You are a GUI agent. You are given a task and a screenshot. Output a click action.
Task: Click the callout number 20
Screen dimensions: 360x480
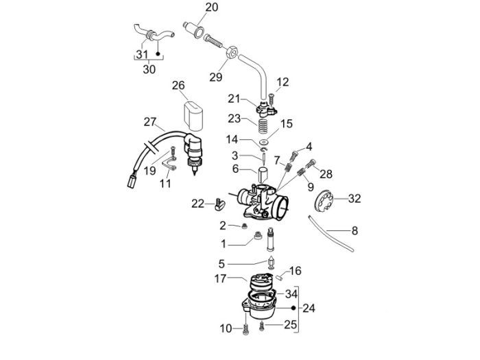[x=211, y=8]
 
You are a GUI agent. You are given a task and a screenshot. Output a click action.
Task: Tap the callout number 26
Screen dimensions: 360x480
[x=178, y=86]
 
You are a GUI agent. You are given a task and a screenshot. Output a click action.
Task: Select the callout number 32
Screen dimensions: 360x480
[x=354, y=199]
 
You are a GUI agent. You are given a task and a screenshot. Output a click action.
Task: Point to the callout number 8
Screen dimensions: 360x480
[x=355, y=231]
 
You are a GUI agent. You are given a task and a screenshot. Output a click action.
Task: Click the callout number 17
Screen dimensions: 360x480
[x=220, y=279]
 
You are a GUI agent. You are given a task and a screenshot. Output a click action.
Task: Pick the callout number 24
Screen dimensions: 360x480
[x=309, y=308]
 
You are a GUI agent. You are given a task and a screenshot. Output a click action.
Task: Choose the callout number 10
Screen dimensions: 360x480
[x=226, y=329]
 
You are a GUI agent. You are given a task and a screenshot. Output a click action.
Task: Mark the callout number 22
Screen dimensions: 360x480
[x=197, y=204]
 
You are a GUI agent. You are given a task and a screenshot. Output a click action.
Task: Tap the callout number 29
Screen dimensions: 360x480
[x=215, y=77]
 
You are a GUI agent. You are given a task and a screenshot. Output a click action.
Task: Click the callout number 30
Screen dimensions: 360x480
[x=149, y=69]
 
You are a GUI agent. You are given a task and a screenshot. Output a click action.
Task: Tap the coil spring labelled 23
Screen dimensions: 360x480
[x=262, y=128]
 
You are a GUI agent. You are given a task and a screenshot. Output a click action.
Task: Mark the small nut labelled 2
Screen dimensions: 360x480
[x=243, y=226]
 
